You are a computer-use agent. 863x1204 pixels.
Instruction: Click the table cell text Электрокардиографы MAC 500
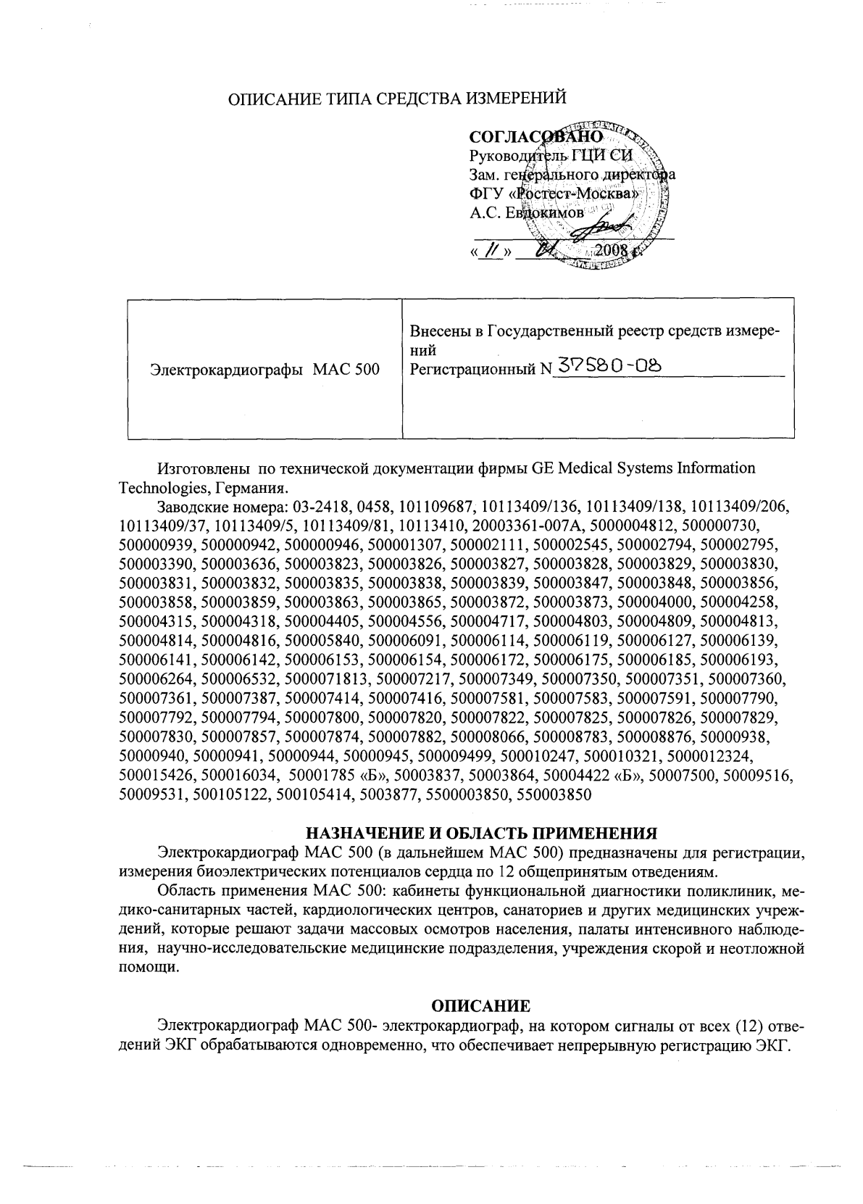pyautogui.click(x=264, y=370)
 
